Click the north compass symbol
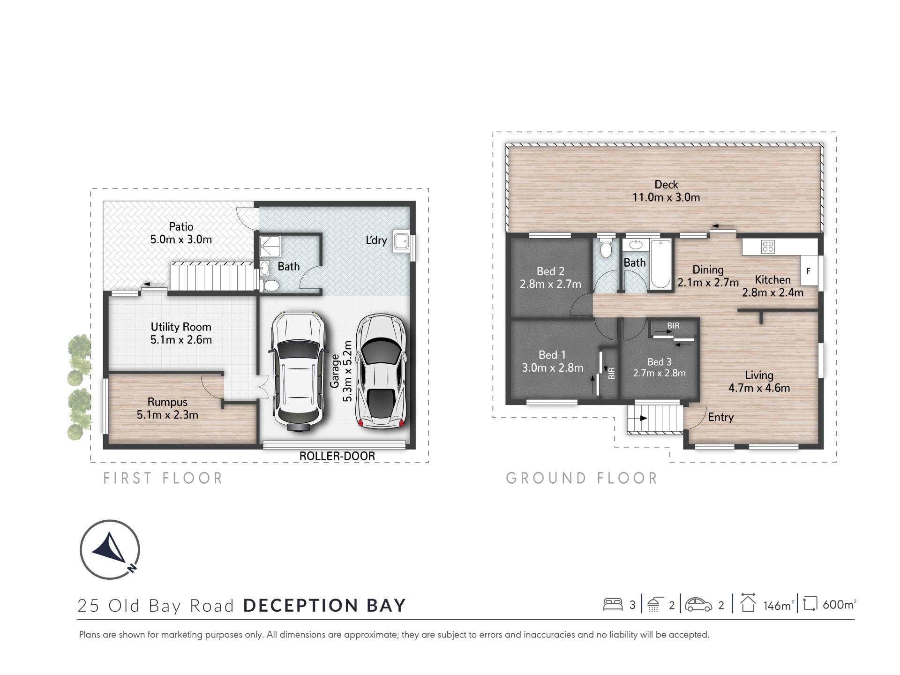pos(110,549)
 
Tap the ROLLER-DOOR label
pos(337,456)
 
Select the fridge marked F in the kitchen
pos(809,270)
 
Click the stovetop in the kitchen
pos(768,247)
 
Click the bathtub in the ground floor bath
pos(660,264)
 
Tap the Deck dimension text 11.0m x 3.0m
pos(666,197)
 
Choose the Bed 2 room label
pos(550,271)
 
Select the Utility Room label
pos(181,327)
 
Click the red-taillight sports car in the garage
pos(381,371)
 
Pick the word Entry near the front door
pos(720,418)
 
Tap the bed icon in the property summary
pos(613,604)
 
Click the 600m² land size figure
pos(839,605)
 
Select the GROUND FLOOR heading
pos(582,478)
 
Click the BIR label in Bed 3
pos(673,326)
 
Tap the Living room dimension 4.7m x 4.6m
pos(759,388)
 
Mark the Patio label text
pos(181,227)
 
